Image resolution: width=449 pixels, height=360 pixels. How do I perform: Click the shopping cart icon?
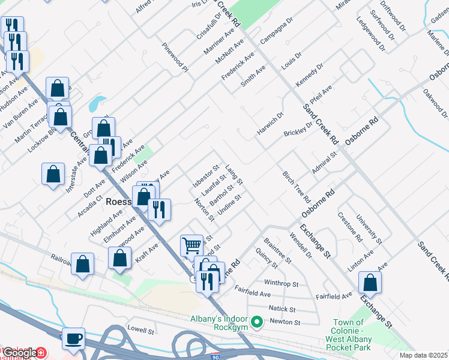click(x=191, y=245)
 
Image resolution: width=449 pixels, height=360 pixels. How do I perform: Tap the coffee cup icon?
click(x=73, y=338)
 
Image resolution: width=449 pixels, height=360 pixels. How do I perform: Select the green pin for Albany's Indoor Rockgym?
click(x=257, y=323)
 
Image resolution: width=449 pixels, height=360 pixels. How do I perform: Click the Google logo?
click(x=20, y=353)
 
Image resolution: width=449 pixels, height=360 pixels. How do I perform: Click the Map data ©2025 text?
click(x=423, y=355)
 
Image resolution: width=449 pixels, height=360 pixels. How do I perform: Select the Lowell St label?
click(x=141, y=330)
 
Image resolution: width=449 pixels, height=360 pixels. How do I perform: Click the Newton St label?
click(x=285, y=322)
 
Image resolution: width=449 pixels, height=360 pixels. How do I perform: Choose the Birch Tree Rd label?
click(x=296, y=186)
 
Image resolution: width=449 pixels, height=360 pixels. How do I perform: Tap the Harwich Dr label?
click(x=270, y=123)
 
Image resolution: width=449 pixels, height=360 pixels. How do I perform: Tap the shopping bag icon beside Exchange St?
click(x=370, y=283)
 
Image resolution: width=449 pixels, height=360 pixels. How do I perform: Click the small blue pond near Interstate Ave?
click(x=97, y=104)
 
